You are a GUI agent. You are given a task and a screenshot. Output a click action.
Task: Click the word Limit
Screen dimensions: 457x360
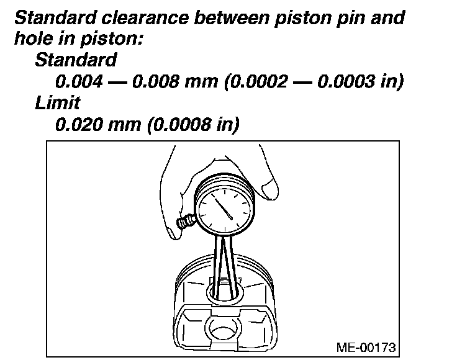[57, 102]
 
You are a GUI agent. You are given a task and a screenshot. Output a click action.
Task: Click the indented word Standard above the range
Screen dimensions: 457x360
[76, 60]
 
